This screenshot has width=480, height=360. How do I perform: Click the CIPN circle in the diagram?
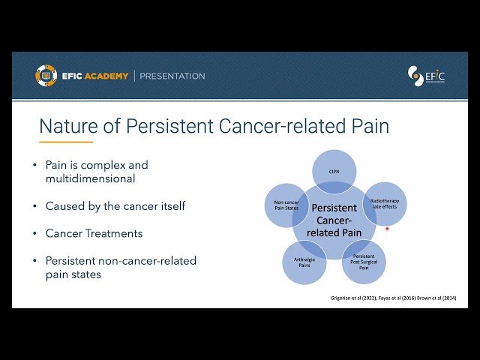point(334,171)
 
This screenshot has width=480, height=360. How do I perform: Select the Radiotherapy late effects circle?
point(384,203)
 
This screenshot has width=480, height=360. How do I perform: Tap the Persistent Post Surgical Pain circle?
point(364,261)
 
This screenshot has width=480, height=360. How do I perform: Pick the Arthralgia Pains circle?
point(304,261)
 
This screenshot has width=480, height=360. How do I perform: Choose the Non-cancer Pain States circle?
point(286,203)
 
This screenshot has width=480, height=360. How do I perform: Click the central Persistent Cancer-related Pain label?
point(334,220)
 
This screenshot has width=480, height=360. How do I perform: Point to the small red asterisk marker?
point(387,229)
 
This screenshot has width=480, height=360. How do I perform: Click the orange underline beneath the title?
point(66,141)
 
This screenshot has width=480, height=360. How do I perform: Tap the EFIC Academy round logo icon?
point(46,76)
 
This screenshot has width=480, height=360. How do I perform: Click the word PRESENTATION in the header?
point(172,76)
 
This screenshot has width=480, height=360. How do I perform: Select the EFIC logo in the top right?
point(426,76)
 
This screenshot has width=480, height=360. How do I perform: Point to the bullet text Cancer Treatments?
point(94,233)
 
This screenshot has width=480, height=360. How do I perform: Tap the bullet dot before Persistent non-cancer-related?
point(34,261)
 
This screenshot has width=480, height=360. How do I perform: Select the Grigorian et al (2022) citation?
point(355,298)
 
